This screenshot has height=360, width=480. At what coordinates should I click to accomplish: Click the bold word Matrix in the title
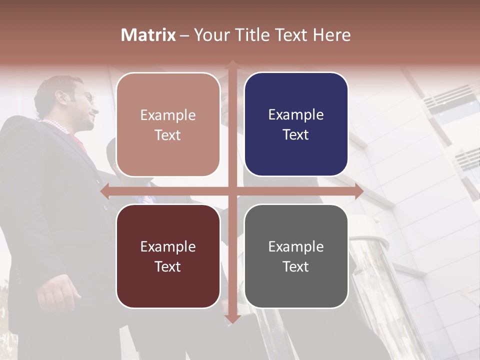click(148, 35)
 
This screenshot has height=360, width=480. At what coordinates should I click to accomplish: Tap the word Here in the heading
click(331, 35)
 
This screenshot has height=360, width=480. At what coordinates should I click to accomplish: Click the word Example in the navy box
click(296, 115)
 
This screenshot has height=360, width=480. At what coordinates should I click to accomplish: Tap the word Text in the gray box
click(296, 266)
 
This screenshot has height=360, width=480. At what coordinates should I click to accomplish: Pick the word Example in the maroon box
click(168, 246)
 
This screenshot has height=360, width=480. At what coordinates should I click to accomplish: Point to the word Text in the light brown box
click(168, 135)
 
